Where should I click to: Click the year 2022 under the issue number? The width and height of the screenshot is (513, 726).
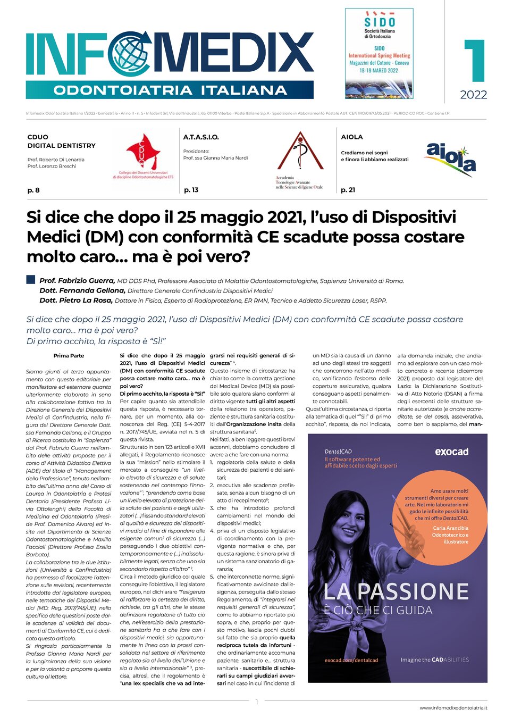coord(473,95)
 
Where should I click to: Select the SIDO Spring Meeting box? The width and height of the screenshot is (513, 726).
coord(379,52)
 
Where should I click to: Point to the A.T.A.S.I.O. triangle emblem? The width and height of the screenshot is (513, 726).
coord(300,154)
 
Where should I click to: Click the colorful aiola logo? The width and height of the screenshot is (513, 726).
coord(451,158)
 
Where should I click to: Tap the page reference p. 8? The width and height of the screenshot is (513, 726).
coord(33,190)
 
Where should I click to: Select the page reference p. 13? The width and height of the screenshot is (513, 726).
coord(191,190)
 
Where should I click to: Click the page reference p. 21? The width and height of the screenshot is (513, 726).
coord(348,190)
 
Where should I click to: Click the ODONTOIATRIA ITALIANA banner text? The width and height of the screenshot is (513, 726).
coord(170,90)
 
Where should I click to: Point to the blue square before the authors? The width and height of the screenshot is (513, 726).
coord(31,280)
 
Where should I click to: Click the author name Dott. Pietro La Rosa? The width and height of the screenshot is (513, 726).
coord(76,301)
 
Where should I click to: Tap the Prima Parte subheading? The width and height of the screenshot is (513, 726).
coord(69,356)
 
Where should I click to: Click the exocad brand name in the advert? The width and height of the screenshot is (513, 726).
coord(451,452)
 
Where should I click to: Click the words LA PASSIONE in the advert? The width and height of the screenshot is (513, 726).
coord(396,591)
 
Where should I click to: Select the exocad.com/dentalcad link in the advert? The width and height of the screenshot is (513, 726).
coord(351,660)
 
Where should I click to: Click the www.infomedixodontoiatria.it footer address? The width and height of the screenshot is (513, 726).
coord(453,708)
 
